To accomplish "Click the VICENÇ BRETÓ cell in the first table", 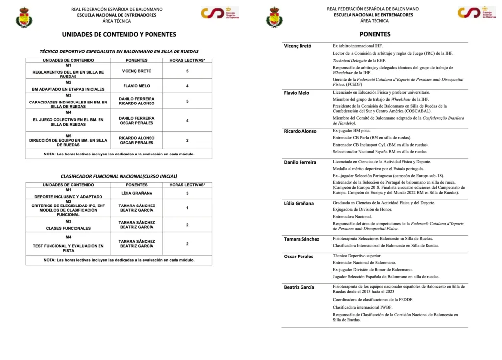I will pos(136,71).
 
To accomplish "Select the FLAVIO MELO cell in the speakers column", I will pos(136,86).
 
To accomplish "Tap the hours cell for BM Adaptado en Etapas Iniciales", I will pos(187,86).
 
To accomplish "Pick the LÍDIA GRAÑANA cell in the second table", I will pos(136,193).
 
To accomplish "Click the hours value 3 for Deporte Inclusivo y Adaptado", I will pos(187,193).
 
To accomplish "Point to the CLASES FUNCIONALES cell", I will pos(69,228).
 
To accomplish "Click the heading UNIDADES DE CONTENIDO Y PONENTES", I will pos(119,35).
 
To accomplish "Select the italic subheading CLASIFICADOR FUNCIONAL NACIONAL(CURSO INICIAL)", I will pos(119,176).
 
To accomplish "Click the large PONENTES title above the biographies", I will pos(375,35).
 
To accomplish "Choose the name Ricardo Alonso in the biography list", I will pos(301,131).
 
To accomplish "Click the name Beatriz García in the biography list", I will pos(299,287).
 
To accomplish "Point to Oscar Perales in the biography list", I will pos(299,256).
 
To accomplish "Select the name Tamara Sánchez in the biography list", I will pos(301,239).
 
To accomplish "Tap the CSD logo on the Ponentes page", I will pos(473,13).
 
